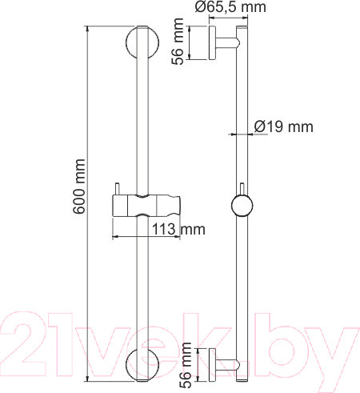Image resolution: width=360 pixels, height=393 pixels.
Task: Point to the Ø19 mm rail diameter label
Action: tap(282, 126)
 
